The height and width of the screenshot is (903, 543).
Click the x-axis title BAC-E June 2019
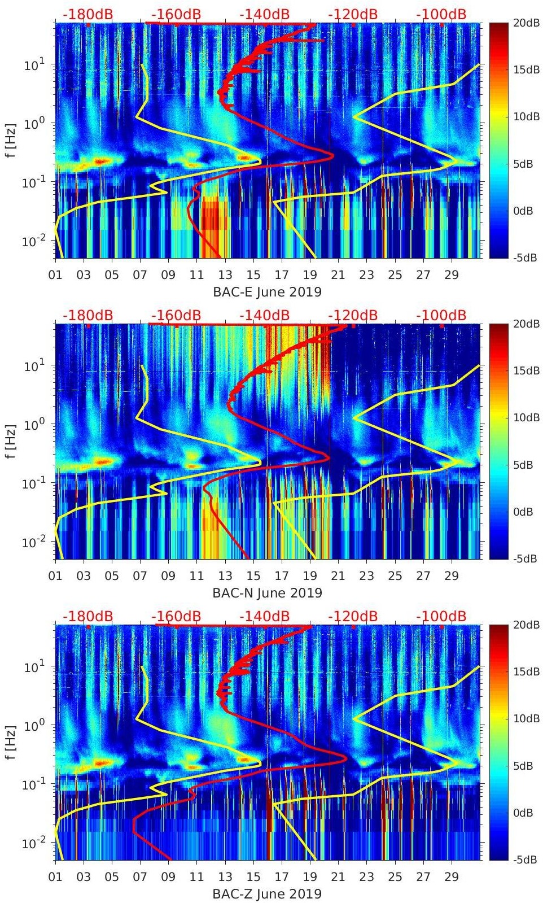(x=267, y=292)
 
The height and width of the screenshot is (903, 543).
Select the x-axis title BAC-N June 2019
(x=267, y=593)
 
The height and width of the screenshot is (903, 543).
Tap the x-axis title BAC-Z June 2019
(x=267, y=894)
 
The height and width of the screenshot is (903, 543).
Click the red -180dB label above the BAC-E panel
(x=87, y=14)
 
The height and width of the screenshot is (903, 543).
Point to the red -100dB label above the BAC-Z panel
(x=441, y=616)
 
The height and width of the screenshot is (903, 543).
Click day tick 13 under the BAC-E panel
(x=225, y=275)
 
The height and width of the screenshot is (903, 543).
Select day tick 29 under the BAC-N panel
(x=451, y=576)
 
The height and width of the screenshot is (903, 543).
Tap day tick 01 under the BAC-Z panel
(x=55, y=877)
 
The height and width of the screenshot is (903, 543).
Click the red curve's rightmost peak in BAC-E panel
(x=334, y=155)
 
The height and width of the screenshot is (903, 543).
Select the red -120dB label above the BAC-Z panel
(x=353, y=616)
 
